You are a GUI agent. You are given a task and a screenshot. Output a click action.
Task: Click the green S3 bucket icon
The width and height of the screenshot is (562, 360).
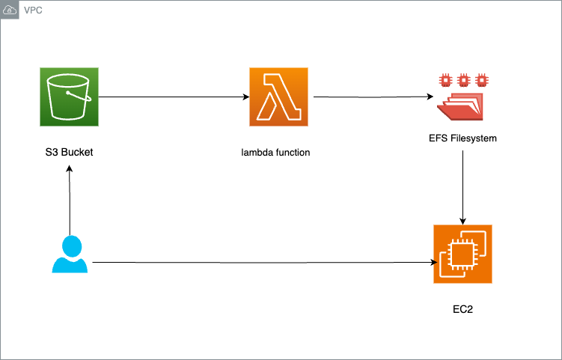click(69, 96)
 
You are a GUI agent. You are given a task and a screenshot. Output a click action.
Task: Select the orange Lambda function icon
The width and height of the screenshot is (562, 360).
click(278, 96)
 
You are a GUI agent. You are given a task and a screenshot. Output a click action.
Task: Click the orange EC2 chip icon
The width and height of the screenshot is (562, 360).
click(462, 254)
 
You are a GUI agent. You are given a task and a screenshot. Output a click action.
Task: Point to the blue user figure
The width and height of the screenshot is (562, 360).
click(70, 254)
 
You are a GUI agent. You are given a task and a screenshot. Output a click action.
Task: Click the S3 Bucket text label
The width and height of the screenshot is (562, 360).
click(69, 153)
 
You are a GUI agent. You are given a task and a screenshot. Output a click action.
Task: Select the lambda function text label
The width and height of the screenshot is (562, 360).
click(275, 153)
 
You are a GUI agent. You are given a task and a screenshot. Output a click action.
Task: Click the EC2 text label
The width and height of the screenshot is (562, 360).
click(463, 308)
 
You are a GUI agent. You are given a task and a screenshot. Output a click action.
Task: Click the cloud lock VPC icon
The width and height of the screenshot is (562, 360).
click(10, 11)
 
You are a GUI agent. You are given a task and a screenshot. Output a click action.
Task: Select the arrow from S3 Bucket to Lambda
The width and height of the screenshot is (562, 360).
click(172, 97)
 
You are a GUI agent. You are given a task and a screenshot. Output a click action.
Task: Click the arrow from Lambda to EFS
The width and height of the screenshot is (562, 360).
click(370, 97)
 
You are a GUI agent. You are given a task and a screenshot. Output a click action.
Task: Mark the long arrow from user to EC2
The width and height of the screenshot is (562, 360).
click(262, 263)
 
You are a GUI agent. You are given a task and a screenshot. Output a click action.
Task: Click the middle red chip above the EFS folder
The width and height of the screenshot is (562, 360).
click(463, 79)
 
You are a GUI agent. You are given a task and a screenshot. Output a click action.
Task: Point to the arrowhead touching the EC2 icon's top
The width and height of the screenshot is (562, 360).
click(464, 221)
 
